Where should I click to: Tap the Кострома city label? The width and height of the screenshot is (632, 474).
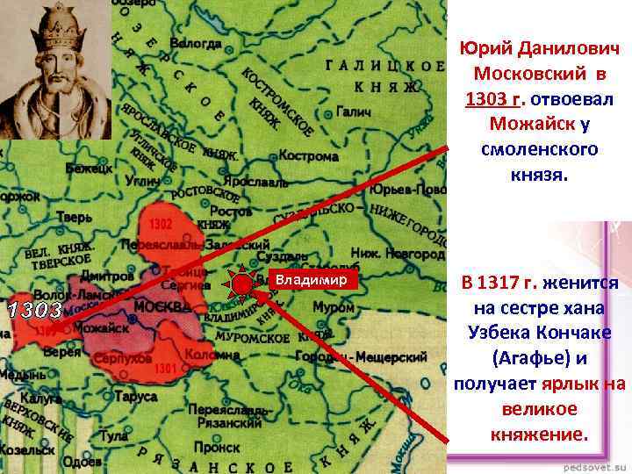tap(308, 156)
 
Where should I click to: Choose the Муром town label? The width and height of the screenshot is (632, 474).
tap(334, 308)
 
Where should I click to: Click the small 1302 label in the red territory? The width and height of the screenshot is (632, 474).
tap(161, 225)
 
